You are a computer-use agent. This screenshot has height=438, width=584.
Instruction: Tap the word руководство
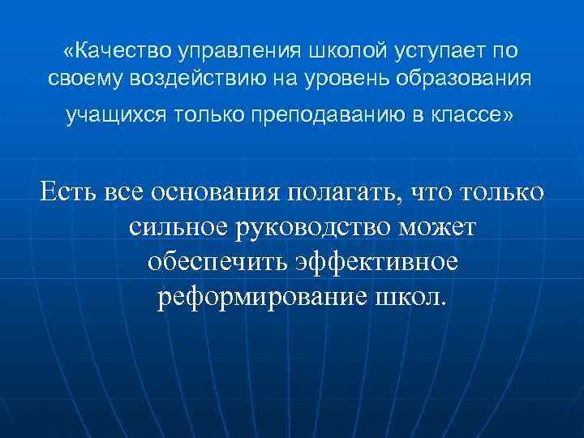pyautogui.click(x=320, y=230)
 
